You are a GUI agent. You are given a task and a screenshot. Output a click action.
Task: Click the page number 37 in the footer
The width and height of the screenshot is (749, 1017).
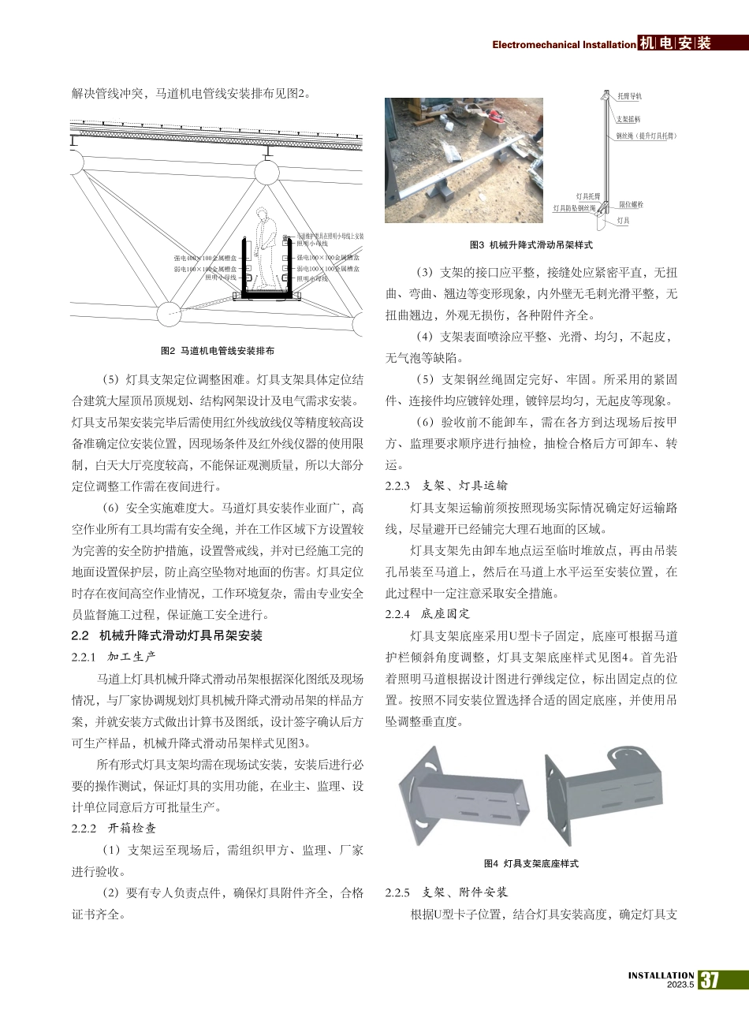coord(710,980)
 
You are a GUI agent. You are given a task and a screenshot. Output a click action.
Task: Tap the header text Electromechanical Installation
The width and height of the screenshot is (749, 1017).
coord(563,45)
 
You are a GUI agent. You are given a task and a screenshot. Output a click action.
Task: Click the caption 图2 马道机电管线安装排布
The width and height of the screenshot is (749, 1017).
coord(217,350)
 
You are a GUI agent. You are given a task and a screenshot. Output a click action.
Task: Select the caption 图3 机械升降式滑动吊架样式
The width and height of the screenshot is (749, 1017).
coord(531,245)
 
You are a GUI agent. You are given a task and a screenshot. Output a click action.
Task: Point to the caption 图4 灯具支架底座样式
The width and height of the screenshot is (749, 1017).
coord(531,863)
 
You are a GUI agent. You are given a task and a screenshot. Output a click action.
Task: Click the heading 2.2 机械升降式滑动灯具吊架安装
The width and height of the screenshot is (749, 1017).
coord(166,635)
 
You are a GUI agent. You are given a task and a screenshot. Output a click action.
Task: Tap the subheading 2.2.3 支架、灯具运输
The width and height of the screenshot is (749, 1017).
coord(446,486)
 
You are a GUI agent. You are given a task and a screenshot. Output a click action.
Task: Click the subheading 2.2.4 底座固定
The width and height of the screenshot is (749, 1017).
coord(427,613)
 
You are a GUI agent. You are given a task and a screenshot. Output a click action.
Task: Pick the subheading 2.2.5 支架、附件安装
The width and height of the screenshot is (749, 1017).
coord(446,892)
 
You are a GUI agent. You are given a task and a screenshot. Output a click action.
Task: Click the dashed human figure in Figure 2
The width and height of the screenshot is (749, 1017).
coord(266,249)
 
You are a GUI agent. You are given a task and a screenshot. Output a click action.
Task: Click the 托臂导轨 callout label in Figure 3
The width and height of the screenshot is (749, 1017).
coord(629,95)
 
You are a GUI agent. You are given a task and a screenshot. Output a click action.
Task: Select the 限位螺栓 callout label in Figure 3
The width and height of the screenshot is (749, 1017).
coord(631,204)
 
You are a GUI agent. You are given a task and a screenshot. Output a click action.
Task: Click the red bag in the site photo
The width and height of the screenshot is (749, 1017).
coord(495,123)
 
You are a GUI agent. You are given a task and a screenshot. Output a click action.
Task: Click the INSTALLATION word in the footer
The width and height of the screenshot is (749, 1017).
coord(661,975)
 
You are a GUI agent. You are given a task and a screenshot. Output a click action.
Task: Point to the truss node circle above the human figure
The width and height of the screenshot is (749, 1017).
coord(268,166)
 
